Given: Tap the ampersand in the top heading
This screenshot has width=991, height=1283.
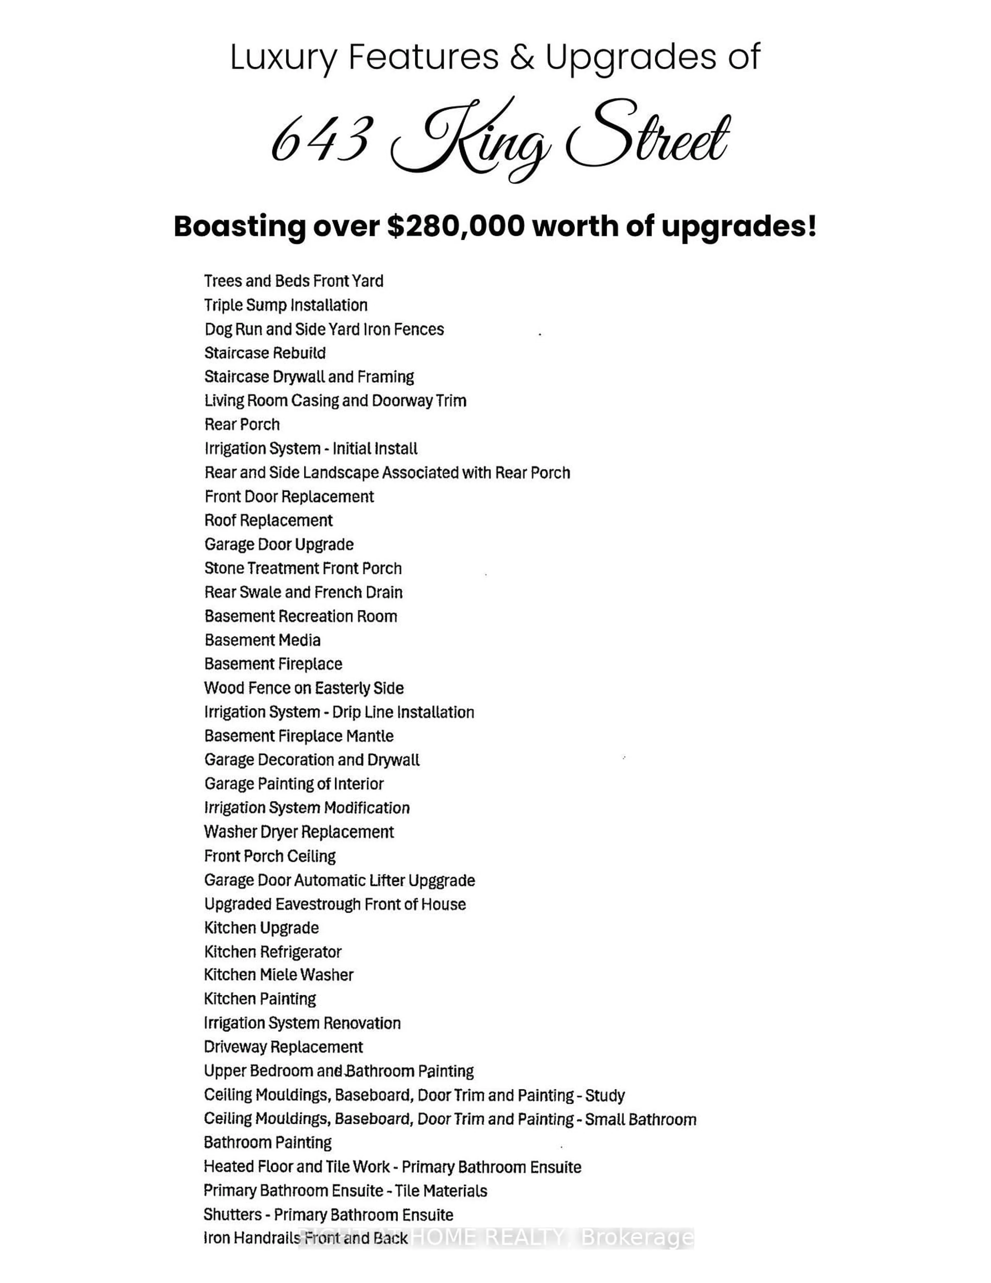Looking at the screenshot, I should pyautogui.click(x=522, y=57).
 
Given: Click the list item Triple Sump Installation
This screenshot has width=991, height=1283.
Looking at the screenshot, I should pyautogui.click(x=285, y=306).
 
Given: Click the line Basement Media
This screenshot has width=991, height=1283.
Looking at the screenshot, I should pyautogui.click(x=262, y=640).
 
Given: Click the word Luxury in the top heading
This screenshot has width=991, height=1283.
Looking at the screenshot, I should pyautogui.click(x=283, y=57).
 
